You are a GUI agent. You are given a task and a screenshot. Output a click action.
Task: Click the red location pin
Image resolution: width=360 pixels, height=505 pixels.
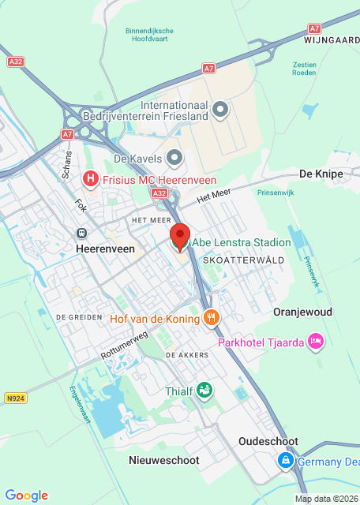[x=180, y=236]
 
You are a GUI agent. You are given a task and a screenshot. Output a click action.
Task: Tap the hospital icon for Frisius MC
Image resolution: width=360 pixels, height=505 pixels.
[x=91, y=180]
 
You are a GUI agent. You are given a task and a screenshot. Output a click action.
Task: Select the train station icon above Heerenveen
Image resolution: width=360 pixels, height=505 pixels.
[x=81, y=234]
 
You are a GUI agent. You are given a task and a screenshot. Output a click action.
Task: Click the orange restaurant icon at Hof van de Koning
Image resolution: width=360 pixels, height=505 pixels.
[x=211, y=317]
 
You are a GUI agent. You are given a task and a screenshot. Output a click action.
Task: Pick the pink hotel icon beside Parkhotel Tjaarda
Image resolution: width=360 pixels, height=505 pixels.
[x=316, y=341]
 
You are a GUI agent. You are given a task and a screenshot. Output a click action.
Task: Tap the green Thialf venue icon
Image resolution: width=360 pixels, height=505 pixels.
[x=204, y=390]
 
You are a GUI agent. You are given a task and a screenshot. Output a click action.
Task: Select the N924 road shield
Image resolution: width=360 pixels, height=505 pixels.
[x=14, y=398]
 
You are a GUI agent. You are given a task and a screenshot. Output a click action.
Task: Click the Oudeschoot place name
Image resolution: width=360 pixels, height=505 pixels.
[x=268, y=442]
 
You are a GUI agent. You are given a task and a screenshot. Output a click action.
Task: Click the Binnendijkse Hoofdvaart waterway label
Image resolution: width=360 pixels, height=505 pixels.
[x=149, y=36]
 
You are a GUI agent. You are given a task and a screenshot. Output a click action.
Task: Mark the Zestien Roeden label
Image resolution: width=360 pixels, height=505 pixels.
[x=305, y=69]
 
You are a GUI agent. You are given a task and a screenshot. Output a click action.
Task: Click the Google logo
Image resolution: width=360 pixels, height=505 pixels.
[x=26, y=495]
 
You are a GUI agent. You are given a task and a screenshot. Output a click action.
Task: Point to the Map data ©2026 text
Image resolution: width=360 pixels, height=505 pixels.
[x=325, y=499]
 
